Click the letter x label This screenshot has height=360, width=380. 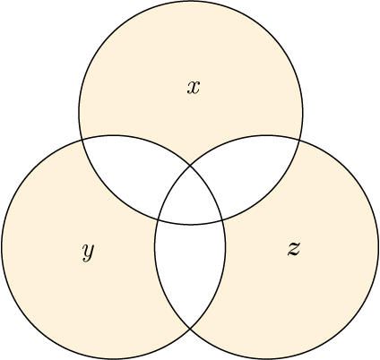coord(194,88)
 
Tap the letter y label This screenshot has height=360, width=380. coord(88,253)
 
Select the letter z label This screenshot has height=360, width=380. coord(294,248)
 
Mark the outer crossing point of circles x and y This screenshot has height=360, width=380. coord(82,140)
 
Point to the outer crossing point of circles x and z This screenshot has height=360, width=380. coord(298,140)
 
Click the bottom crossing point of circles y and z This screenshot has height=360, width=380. coord(190,329)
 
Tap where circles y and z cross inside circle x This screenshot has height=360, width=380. coord(190,165)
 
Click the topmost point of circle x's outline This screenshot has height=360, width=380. coord(191,1)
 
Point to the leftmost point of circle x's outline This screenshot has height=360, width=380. coord(79,112)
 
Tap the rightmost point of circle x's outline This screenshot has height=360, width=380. coord(303,112)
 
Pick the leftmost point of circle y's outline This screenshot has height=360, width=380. coord(2,247)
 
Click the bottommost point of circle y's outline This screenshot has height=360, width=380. coord(114,359)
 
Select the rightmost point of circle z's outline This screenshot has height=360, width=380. coord(378,247)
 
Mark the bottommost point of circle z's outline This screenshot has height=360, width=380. coord(266,359)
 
